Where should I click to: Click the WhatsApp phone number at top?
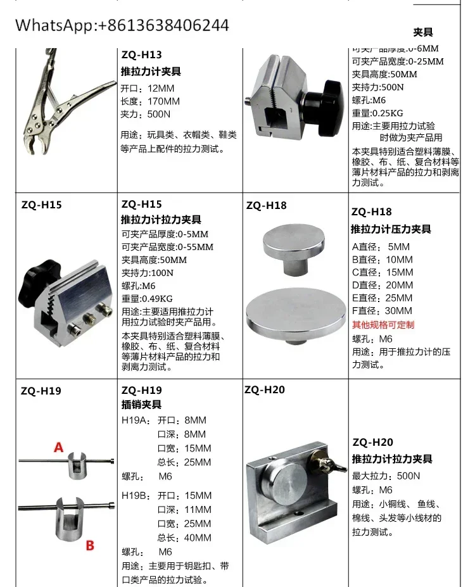point(122,25)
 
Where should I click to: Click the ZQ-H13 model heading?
point(141,55)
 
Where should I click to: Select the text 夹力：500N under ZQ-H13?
point(145,115)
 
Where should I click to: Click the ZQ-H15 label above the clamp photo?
point(42,205)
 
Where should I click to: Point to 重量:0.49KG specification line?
point(147,298)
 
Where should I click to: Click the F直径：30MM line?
point(381,310)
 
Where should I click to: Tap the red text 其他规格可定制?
point(383,324)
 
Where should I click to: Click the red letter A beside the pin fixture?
point(59,447)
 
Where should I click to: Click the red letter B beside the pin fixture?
point(90,545)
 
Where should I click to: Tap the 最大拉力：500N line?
point(386,476)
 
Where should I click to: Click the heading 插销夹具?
point(141,404)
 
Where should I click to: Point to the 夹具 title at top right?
point(422,32)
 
